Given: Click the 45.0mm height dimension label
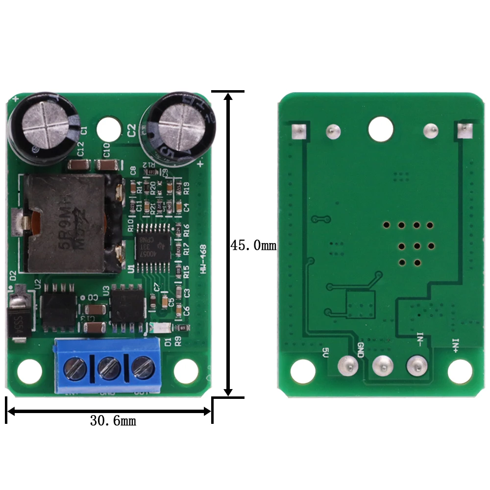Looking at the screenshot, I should [253, 245].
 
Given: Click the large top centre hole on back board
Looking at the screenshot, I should [381, 128].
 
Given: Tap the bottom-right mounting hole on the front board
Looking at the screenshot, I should [186, 371].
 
